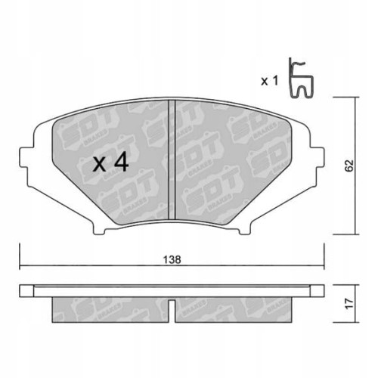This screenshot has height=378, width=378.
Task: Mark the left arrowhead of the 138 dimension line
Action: click(23, 265)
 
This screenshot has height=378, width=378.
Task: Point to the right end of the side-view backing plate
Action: click(324, 290)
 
